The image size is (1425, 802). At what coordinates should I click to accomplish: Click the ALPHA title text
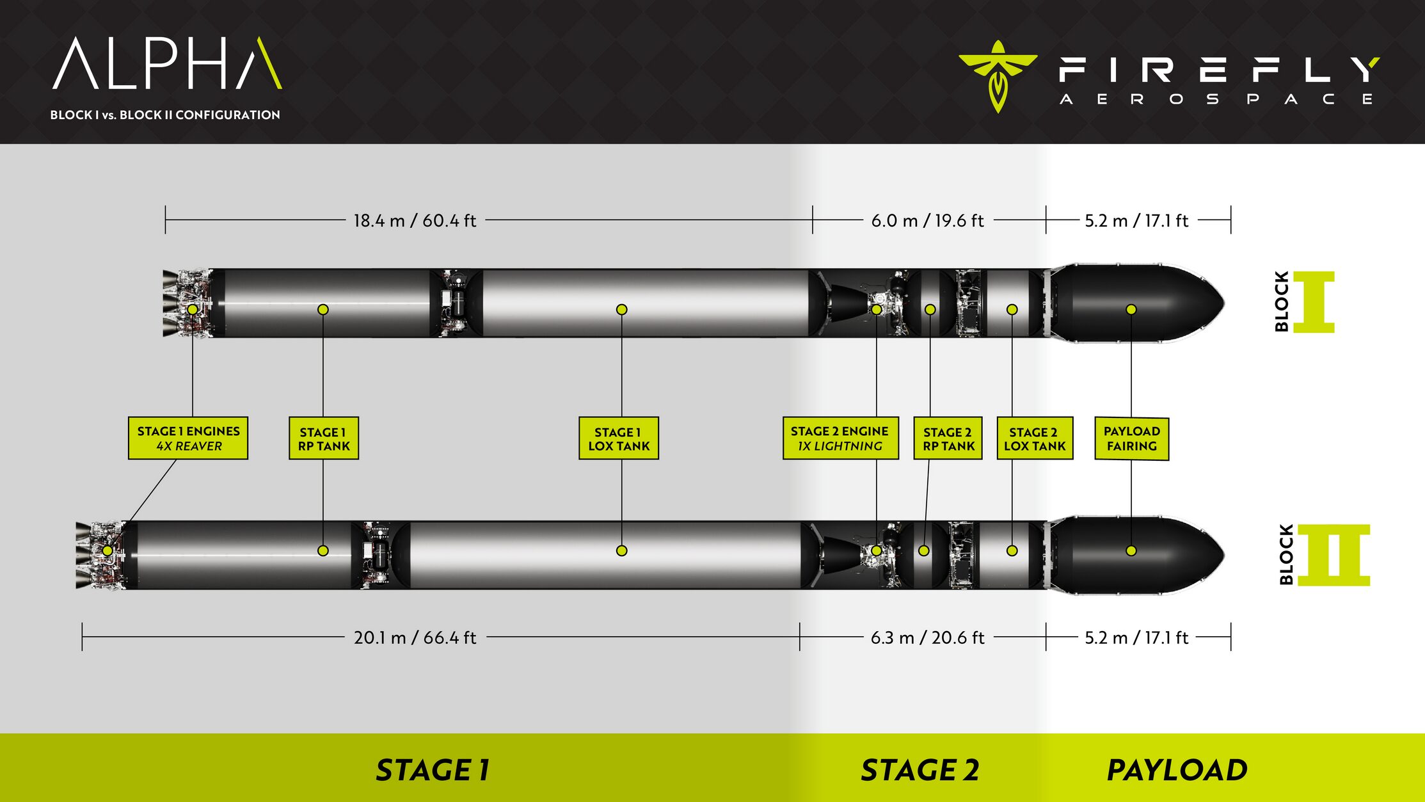166,63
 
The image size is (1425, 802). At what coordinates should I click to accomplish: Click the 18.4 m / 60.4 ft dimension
415,221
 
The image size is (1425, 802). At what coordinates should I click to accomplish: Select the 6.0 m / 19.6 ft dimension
927,221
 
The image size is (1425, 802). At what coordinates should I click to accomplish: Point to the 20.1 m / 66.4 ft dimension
415,638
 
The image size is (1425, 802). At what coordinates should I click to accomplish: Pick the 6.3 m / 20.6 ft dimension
927,638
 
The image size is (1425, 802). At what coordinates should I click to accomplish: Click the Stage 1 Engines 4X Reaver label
188,438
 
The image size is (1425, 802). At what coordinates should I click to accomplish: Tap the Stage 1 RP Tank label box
324,438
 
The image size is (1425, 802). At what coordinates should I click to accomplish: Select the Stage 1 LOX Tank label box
619,438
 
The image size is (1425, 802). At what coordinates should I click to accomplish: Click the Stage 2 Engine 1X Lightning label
840,438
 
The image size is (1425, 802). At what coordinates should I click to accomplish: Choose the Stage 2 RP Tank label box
948,438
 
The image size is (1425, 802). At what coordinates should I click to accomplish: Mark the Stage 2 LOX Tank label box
1034,438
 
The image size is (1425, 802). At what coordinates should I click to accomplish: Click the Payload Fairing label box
1131,438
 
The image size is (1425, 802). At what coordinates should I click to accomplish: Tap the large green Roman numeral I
1314,302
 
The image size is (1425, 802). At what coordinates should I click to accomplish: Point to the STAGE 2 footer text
919,770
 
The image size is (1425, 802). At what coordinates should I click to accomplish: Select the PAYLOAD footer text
1177,770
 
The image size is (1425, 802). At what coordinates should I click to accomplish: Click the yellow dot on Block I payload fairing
1131,310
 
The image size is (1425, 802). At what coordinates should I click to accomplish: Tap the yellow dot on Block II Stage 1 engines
107,550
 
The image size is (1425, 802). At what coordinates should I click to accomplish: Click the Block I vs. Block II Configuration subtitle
165,115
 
